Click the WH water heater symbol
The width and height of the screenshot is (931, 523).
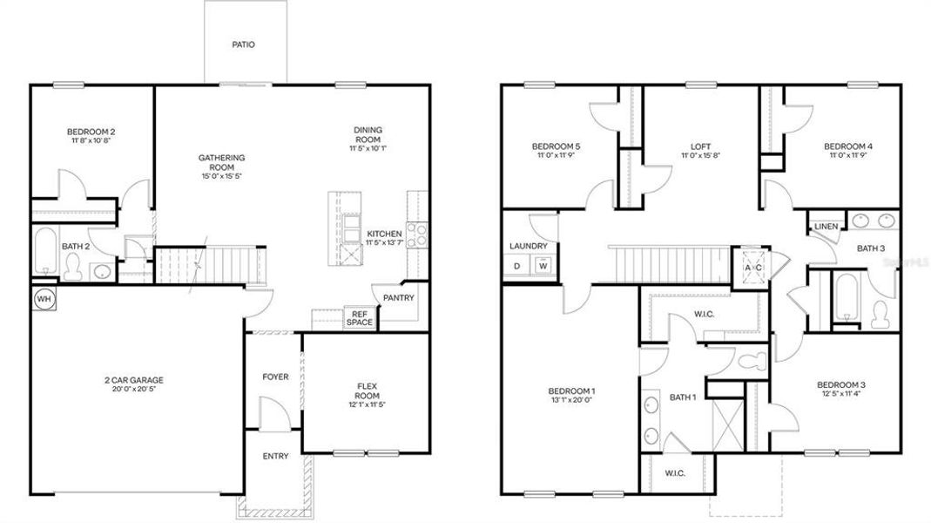[43, 299]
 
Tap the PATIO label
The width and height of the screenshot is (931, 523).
[244, 44]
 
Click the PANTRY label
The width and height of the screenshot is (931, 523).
[397, 298]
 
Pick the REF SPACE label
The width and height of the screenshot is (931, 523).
[359, 318]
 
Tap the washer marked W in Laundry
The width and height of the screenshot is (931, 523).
[543, 266]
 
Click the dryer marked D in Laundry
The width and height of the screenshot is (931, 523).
[516, 266]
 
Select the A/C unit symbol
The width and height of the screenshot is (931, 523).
[752, 267]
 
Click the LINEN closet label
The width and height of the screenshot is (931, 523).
[826, 227]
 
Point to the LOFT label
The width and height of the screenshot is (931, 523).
[702, 146]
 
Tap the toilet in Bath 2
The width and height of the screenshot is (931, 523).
[73, 270]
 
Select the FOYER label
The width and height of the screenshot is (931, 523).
[275, 377]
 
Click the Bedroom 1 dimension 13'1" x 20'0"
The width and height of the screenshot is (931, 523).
[572, 400]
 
